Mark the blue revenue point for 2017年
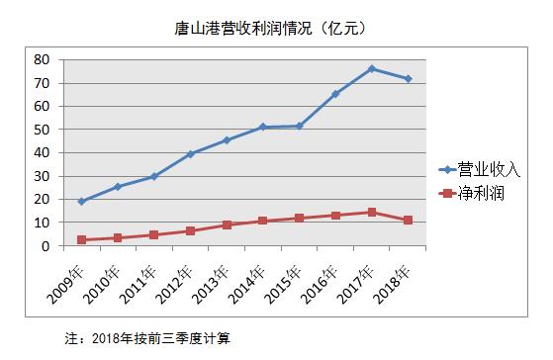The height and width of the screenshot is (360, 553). (x=372, y=68)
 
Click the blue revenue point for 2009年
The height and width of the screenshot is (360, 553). (x=82, y=202)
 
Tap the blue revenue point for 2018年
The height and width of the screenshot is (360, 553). (x=409, y=78)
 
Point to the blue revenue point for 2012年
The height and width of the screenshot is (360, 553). (x=191, y=153)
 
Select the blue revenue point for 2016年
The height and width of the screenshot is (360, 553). (x=335, y=94)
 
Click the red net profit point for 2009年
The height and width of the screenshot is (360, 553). (x=82, y=239)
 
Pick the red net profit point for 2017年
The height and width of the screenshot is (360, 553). (x=372, y=212)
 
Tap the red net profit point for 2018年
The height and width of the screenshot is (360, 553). (x=409, y=220)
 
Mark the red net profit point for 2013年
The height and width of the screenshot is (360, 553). (x=227, y=225)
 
